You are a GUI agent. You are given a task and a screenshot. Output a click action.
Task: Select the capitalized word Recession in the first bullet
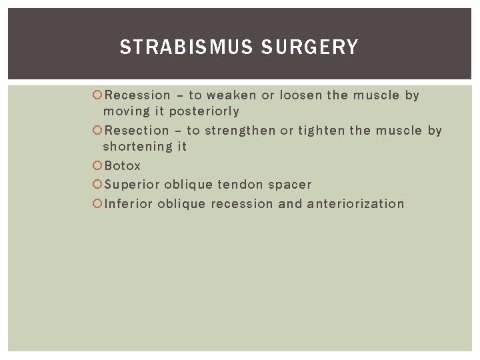tap(137, 95)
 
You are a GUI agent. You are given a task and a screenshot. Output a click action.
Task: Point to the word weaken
tap(231, 95)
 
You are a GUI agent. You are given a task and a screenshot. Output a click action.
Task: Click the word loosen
tap(301, 95)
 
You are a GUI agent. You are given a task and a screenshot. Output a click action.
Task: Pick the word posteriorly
tap(204, 111)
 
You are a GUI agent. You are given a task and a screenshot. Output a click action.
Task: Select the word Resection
tap(137, 131)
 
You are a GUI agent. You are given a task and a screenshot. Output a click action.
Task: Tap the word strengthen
tap(240, 131)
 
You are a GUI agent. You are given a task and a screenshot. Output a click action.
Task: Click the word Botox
tap(123, 166)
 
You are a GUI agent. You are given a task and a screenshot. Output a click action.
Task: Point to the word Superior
tap(131, 185)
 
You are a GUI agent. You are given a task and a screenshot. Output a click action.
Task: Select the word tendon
tap(241, 185)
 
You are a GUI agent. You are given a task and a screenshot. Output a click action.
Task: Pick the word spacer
tap(290, 185)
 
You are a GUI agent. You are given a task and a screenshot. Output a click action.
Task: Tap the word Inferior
tap(129, 204)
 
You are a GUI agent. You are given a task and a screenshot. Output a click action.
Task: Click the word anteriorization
tap(355, 204)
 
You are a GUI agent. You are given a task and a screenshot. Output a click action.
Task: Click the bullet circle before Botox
tap(97, 166)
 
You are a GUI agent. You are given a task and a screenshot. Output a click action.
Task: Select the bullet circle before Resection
tap(97, 131)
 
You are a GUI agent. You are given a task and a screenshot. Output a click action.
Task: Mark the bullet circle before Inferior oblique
tap(97, 204)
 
